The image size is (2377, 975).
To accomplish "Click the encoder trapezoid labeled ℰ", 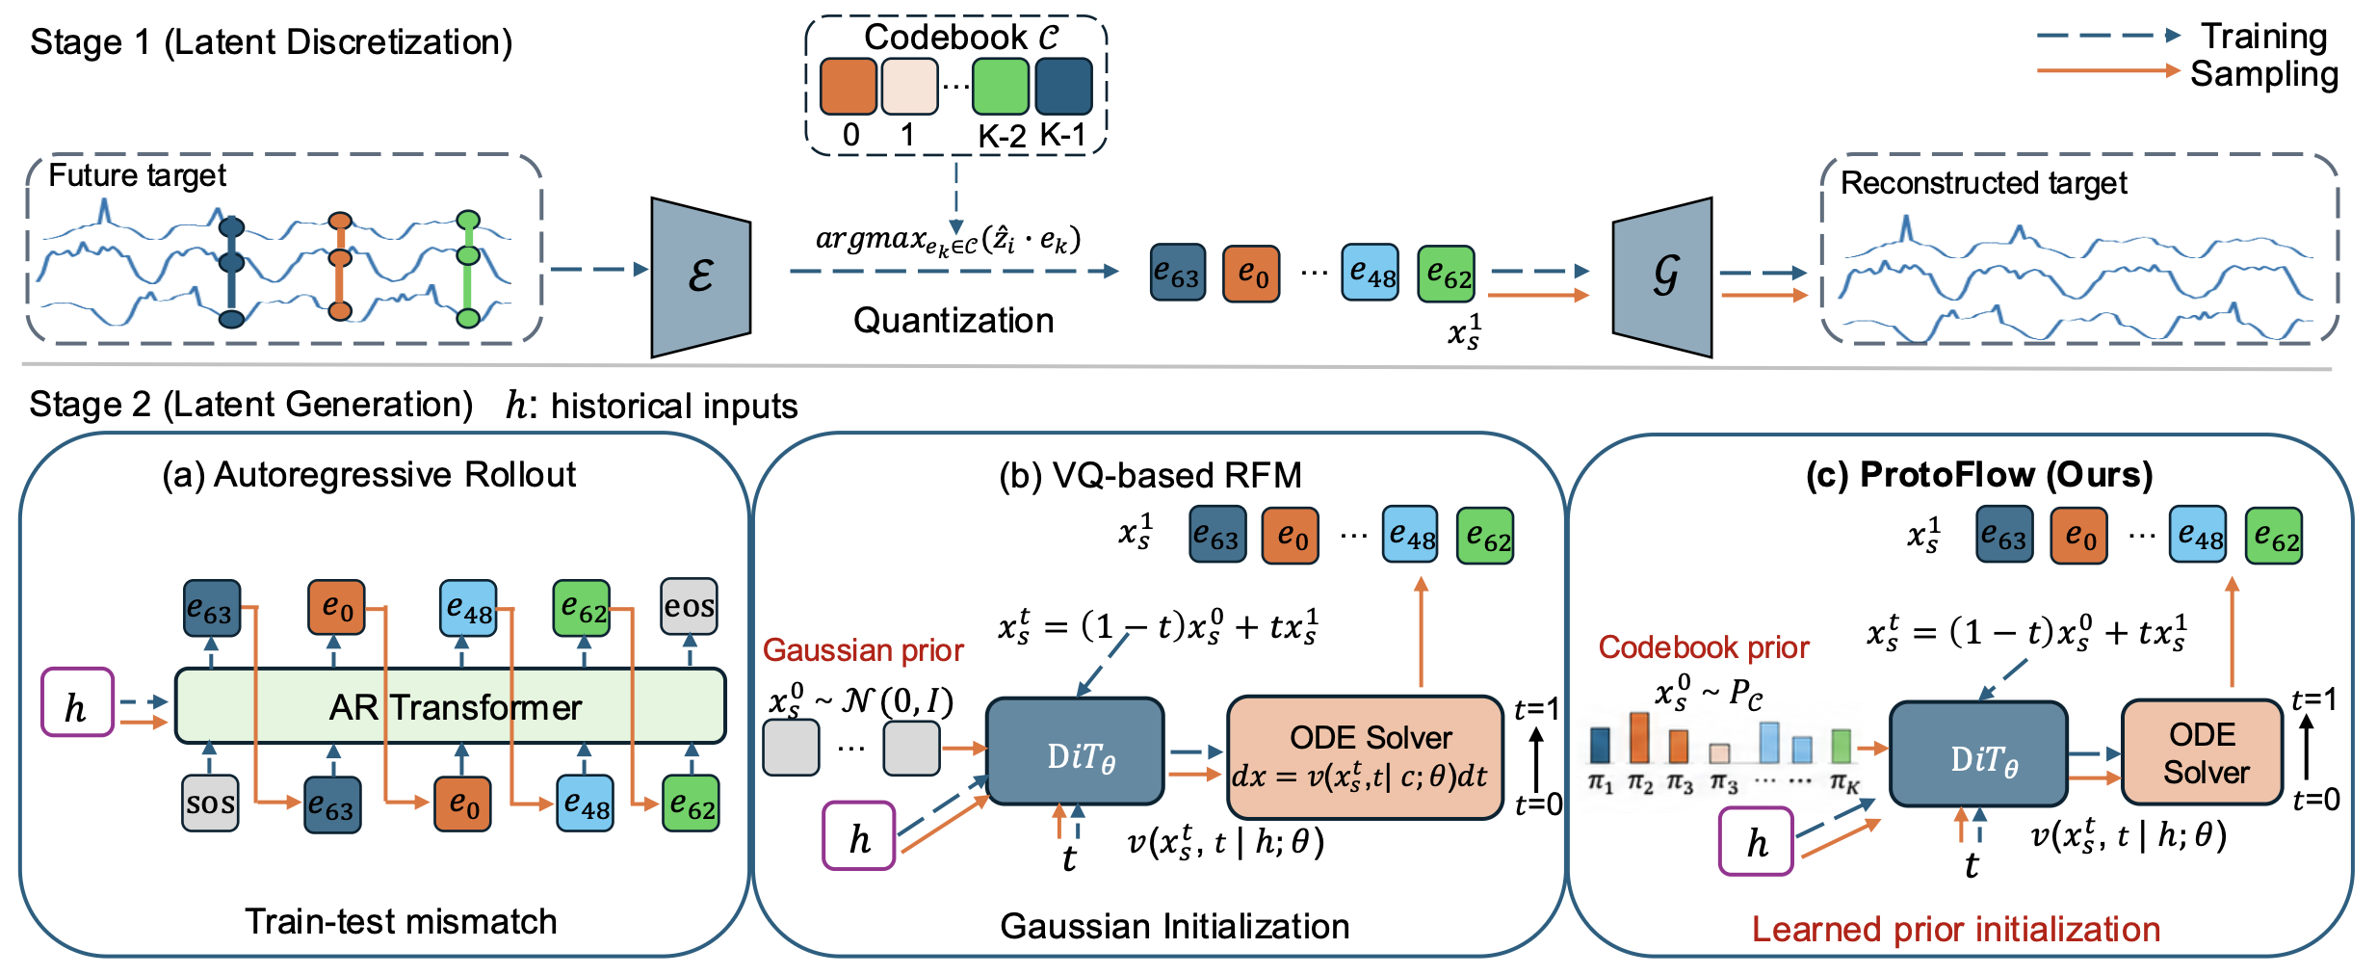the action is click(700, 277).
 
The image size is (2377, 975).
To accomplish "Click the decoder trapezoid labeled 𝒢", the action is click(1662, 277).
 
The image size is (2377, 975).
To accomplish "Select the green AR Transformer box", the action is click(450, 706).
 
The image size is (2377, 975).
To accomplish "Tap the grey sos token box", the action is click(210, 803).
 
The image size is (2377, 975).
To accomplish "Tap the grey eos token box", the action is click(689, 606).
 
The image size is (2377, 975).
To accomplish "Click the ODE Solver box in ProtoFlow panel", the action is click(2203, 752).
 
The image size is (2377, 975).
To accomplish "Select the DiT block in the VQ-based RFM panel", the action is click(1075, 751).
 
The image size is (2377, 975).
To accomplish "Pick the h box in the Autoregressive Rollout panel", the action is click(77, 702).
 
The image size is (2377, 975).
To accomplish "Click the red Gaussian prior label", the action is click(863, 650).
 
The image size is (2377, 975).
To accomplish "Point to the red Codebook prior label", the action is click(1704, 647).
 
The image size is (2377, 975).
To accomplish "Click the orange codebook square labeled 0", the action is click(848, 86).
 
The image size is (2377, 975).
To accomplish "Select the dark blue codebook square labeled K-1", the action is click(1063, 86).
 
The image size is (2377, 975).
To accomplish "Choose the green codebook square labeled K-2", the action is click(1001, 86).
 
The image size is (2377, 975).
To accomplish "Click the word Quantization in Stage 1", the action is click(953, 320).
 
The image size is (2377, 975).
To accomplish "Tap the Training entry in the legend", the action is click(2263, 36).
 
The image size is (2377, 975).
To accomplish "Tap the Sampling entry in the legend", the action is click(2264, 73).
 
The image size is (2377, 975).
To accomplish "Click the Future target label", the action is click(137, 175).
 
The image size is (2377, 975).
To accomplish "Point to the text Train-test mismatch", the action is click(401, 921).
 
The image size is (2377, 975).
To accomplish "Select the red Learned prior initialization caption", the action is click(1956, 929).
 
